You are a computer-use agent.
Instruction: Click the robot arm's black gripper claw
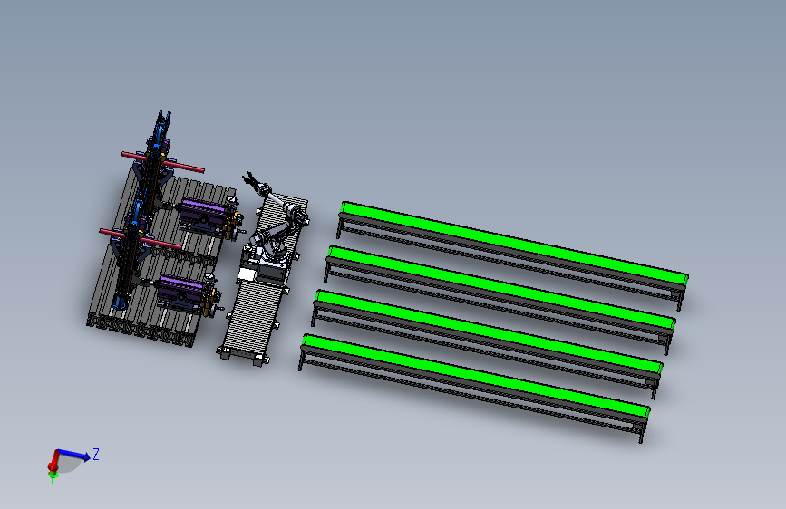click(x=250, y=179)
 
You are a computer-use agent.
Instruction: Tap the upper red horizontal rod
click(x=163, y=162)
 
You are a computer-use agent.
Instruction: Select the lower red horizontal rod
click(x=141, y=239)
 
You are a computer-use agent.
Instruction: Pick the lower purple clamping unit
click(x=180, y=290)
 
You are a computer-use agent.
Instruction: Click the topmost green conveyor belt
click(x=514, y=242)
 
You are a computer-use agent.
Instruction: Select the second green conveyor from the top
click(x=501, y=285)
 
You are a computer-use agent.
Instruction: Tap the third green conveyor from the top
click(x=489, y=331)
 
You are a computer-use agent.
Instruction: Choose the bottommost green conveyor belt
click(x=476, y=375)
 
